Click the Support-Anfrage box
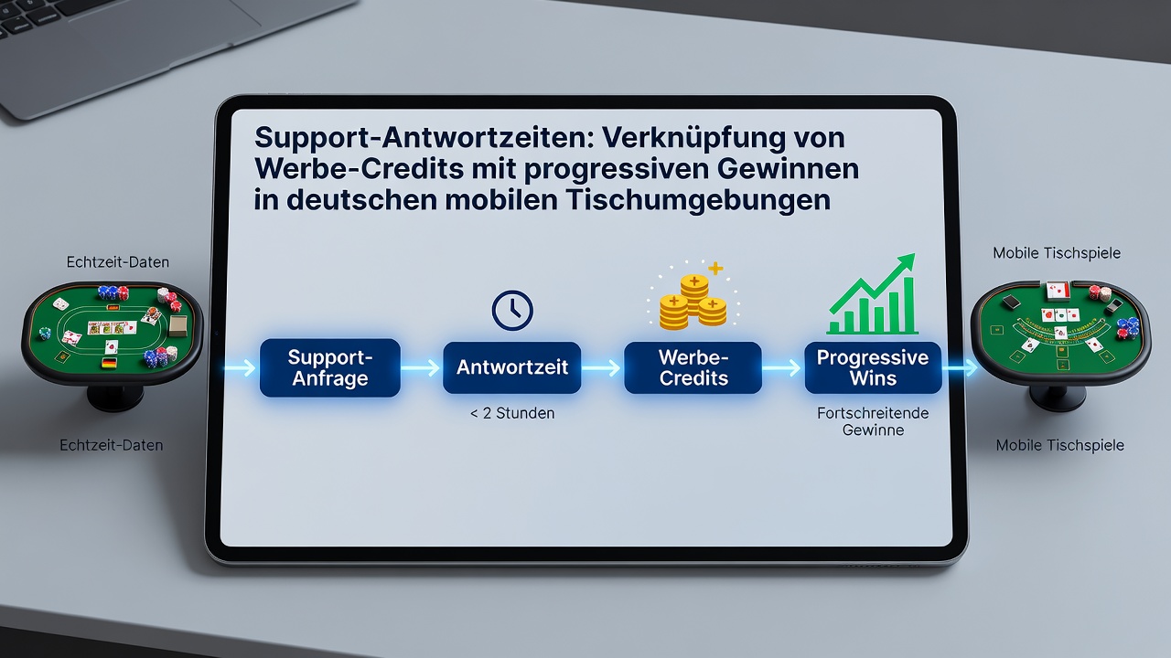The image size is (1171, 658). [x=330, y=367]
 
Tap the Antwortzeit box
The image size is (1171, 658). [x=511, y=367]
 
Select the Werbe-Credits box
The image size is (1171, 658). [x=693, y=367]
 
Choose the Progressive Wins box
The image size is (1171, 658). [x=873, y=367]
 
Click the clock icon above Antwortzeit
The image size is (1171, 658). [x=512, y=310]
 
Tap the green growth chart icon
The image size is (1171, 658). [x=872, y=294]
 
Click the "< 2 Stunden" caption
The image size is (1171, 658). [x=512, y=413]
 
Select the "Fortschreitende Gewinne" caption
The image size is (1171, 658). [x=873, y=421]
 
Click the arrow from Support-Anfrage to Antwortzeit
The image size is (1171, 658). [x=421, y=368]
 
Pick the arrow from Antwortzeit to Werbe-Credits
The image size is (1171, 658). [x=602, y=368]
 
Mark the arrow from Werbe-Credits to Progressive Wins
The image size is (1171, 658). [x=782, y=368]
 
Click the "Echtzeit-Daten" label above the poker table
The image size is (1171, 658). [x=118, y=262]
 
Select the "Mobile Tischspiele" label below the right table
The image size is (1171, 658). [x=1060, y=445]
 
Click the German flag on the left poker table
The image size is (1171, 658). [x=109, y=363]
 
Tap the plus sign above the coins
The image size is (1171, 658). [x=715, y=269]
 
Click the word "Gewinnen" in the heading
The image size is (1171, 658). [x=789, y=170]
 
